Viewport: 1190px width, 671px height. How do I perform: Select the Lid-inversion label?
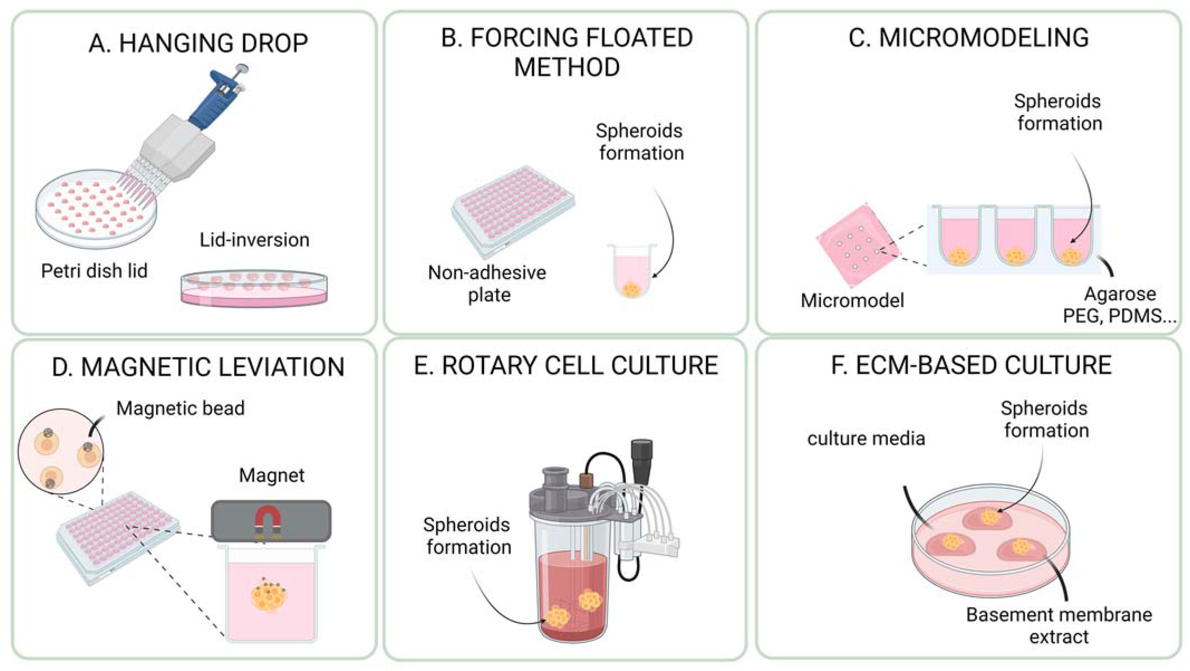coord(254,240)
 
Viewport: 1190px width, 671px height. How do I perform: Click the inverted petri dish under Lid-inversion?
coord(254,288)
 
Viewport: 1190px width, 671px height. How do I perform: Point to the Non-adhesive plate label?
coord(487,283)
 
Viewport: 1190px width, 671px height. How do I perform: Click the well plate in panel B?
coord(513,210)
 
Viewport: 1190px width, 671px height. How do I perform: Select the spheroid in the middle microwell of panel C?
coord(1014,255)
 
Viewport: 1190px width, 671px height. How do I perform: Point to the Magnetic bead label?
coord(180,408)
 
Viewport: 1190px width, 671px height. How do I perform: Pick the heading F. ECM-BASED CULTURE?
coord(971,365)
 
